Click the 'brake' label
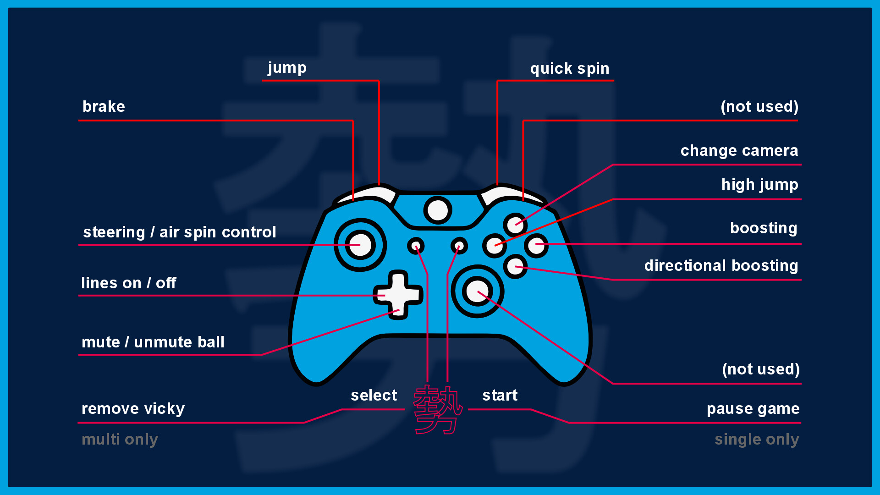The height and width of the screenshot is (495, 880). (104, 107)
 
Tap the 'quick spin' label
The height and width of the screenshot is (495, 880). (569, 69)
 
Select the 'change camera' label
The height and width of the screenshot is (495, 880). (739, 151)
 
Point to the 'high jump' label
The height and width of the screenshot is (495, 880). (759, 185)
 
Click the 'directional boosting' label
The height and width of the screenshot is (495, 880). (721, 266)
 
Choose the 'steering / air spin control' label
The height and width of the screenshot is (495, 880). (179, 232)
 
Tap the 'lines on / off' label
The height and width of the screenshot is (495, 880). (128, 283)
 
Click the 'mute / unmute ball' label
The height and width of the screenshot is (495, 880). (153, 342)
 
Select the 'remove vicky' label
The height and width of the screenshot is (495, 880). (133, 409)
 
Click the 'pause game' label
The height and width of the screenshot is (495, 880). (753, 409)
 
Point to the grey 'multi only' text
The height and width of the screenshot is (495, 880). (120, 440)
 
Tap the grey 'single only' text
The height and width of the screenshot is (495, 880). (757, 440)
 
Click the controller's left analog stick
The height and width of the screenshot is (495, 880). (360, 245)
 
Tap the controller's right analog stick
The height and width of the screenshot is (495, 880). (477, 291)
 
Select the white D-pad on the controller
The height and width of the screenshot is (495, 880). (398, 295)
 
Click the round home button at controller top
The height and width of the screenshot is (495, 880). (438, 210)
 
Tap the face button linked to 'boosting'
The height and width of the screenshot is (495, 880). (536, 245)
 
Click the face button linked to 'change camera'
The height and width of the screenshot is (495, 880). (515, 225)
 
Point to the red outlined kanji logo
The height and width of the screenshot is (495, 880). (437, 410)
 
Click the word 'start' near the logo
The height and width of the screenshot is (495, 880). (500, 396)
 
